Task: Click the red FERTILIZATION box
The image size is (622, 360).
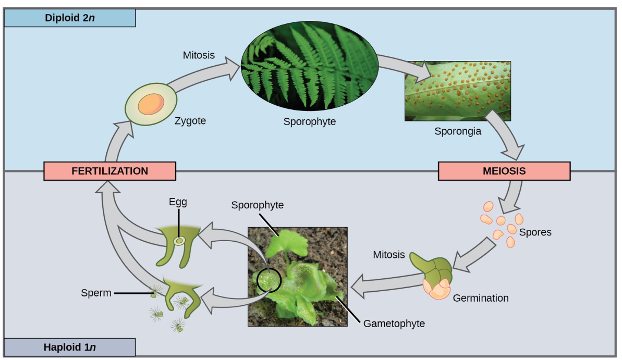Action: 109,171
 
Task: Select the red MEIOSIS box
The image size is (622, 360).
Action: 504,171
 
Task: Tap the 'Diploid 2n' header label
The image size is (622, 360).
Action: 70,18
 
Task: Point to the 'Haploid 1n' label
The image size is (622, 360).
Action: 70,347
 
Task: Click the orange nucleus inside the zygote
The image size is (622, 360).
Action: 151,104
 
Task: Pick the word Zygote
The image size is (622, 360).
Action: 190,121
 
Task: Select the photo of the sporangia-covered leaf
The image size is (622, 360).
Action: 457,91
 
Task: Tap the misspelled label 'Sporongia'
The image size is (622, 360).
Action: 458,131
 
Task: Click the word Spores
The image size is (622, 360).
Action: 535,232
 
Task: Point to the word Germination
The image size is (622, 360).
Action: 481,299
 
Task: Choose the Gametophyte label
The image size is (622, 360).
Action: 394,324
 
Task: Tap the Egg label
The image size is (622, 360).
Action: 178,201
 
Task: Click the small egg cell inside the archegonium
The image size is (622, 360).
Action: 179,241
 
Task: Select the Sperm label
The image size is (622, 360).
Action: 96,293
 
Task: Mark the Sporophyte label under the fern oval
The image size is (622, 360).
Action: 309,121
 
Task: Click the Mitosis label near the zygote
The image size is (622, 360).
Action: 199,55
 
